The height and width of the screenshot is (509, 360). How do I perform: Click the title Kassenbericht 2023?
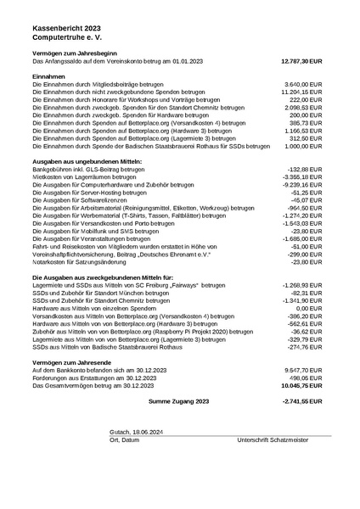coord(68,28)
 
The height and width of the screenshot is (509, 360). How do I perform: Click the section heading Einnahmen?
coord(48,76)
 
